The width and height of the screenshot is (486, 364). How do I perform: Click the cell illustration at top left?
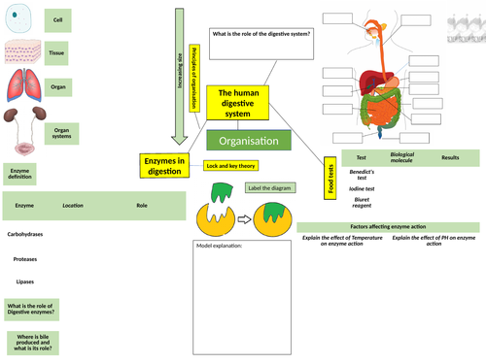point(19,19)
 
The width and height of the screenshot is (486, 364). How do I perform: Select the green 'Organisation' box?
point(249,141)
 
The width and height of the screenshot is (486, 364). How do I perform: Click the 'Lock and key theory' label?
point(232,166)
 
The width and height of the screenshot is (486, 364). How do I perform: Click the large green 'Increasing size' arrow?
point(180,68)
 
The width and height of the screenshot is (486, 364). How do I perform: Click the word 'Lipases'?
point(26,281)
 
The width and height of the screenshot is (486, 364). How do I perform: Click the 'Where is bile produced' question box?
point(33,341)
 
